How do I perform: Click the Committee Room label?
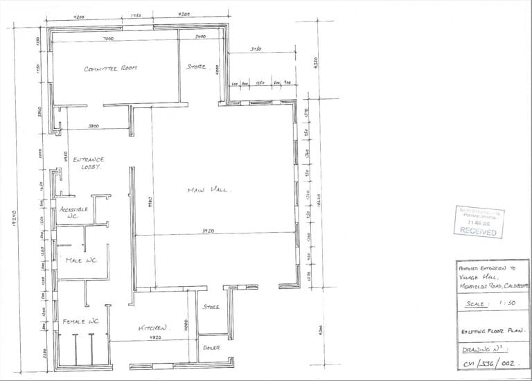point(111,69)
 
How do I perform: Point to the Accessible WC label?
point(73,213)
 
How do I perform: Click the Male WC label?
point(80,260)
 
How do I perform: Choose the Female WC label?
point(81,322)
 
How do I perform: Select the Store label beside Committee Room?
point(197,67)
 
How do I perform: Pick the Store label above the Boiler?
point(211,306)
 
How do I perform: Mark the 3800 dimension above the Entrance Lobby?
point(95,126)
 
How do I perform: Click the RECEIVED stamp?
point(478,231)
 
